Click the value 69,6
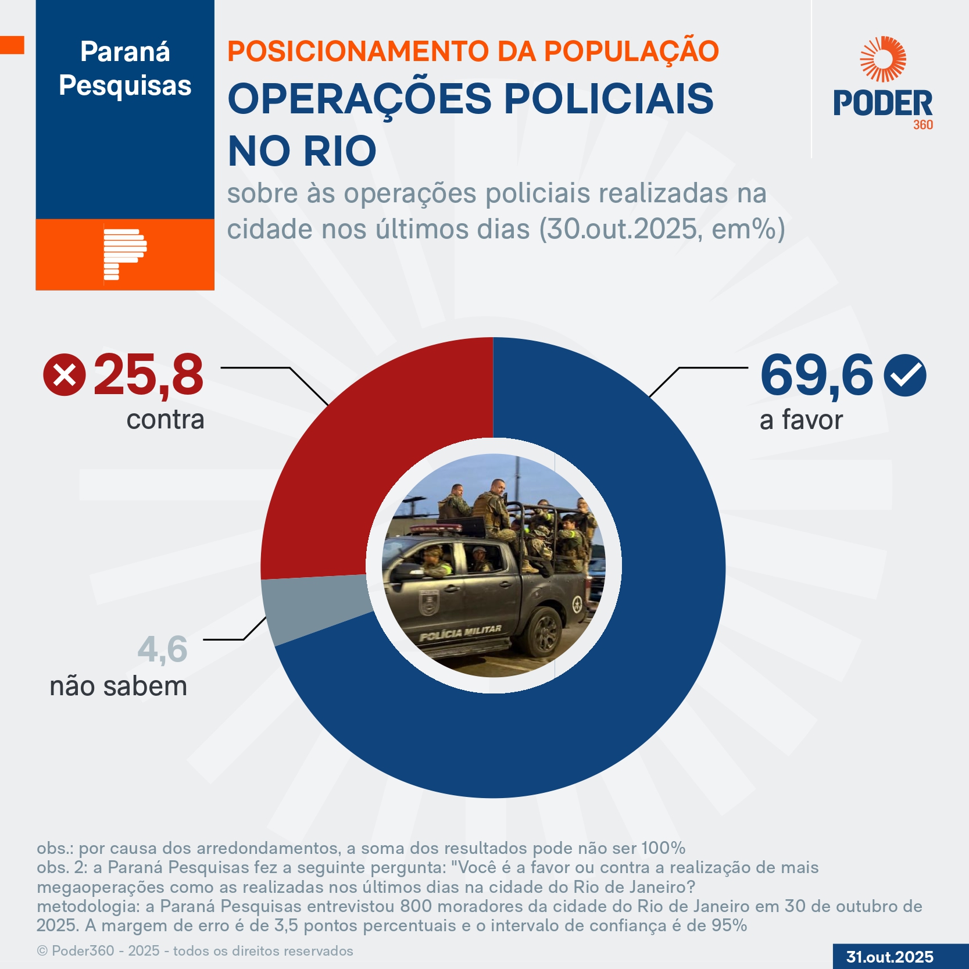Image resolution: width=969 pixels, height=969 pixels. coord(816,376)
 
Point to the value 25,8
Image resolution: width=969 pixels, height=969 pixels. coord(149,376)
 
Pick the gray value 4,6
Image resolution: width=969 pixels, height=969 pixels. coord(163,649)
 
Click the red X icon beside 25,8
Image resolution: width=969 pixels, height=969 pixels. coord(65,375)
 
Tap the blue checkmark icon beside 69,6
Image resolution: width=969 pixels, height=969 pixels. coord(904,376)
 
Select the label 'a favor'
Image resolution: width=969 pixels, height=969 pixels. coord(801,420)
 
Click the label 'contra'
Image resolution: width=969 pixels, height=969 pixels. coord(166,420)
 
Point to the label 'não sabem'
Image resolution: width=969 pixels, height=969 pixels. coord(119,686)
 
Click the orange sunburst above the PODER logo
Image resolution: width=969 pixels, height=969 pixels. coord(883,59)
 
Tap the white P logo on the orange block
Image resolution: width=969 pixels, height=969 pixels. coord(124,254)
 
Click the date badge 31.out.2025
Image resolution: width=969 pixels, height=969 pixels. coord(889,957)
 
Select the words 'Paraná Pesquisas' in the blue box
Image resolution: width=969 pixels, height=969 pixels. coord(125,69)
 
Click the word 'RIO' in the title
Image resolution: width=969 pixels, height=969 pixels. coord(340,151)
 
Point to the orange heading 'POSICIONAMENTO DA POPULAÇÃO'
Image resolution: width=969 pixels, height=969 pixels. coord(473,51)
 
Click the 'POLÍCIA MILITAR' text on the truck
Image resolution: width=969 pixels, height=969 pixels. coord(460,633)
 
